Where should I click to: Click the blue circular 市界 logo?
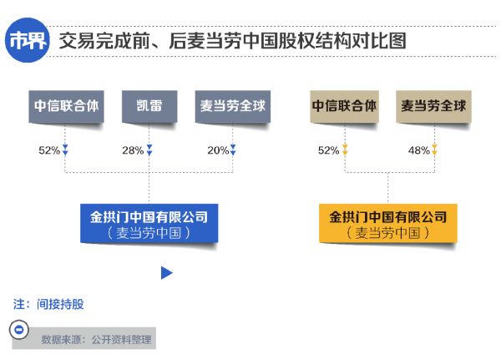(28, 40)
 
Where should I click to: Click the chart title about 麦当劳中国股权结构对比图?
(233, 41)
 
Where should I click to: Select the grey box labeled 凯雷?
(149, 106)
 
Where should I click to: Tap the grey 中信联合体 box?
(66, 106)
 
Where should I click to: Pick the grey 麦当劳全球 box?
(233, 106)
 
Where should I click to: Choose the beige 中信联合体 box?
(344, 106)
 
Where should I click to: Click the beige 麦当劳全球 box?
(433, 106)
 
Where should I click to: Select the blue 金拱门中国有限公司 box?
(149, 224)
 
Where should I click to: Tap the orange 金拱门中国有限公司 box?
(388, 224)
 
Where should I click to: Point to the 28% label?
(133, 150)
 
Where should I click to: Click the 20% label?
(218, 150)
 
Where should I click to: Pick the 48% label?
(419, 150)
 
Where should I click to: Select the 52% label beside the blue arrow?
(49, 150)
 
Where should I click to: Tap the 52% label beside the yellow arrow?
(328, 150)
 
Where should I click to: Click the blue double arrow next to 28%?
(149, 150)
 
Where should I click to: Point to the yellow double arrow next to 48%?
(434, 150)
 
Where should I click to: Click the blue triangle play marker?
(166, 273)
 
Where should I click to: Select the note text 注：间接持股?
(48, 304)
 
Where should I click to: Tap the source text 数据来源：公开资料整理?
(96, 340)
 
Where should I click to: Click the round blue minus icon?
(19, 330)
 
